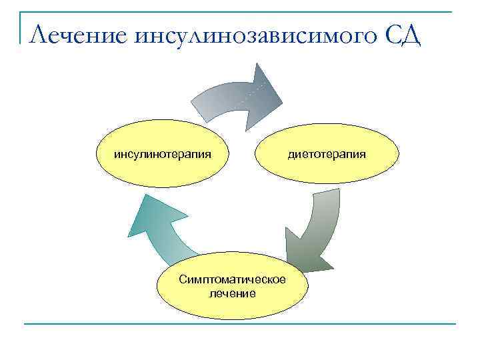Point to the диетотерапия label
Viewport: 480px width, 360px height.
(x=327, y=155)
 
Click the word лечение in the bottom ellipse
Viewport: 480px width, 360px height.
(x=233, y=293)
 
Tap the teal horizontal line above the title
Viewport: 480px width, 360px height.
(x=240, y=11)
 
